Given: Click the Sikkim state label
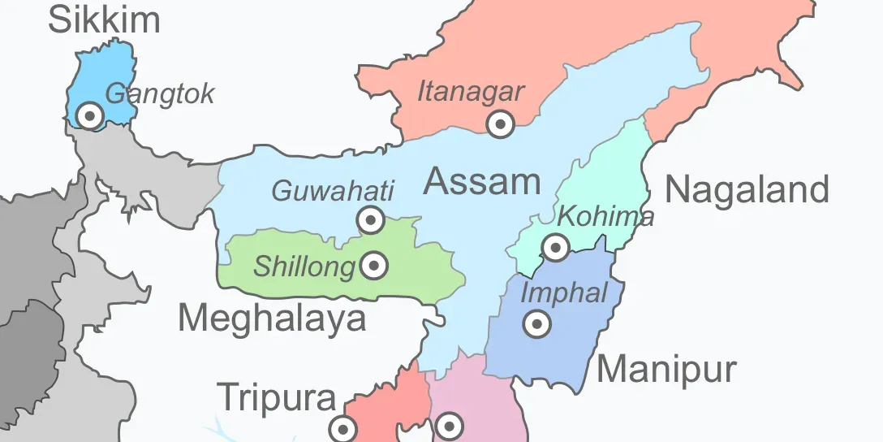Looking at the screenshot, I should point(104,19).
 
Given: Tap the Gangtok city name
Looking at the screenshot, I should point(160,93).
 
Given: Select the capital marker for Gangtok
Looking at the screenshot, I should point(90,116).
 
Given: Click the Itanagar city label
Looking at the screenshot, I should point(471,92).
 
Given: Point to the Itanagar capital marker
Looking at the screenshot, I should point(501,124).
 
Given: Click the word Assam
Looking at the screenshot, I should point(482,181).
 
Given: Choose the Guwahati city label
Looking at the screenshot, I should point(333,192).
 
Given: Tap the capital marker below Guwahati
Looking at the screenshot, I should point(371,219).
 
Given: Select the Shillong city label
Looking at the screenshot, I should point(305,266).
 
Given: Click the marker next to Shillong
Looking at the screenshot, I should point(374,265).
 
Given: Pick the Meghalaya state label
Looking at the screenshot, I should point(272,318).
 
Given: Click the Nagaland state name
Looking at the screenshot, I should point(747,190).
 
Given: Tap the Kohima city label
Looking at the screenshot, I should point(606,217).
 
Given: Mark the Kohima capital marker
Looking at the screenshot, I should point(556,246).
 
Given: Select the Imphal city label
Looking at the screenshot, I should point(564,292).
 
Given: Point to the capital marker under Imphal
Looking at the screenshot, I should point(536,324).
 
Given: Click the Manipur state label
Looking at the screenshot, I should point(666,370).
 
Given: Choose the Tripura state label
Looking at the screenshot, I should point(277,398).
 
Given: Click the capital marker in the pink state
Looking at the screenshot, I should point(449,425).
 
